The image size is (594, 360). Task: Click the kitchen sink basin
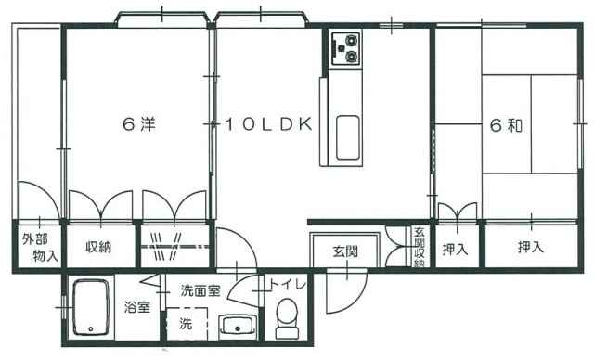tap(349, 137)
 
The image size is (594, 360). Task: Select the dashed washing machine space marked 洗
tap(184, 325)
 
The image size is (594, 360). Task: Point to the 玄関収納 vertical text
tap(419, 249)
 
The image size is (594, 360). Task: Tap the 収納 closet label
tap(100, 248)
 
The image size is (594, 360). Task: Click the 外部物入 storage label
tap(37, 248)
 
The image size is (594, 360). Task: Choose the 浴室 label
tap(138, 307)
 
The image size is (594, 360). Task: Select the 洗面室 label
tap(200, 290)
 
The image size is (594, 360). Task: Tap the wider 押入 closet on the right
tap(530, 248)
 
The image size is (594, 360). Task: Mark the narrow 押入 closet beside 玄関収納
tap(455, 248)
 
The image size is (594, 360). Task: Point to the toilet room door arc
tap(245, 293)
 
